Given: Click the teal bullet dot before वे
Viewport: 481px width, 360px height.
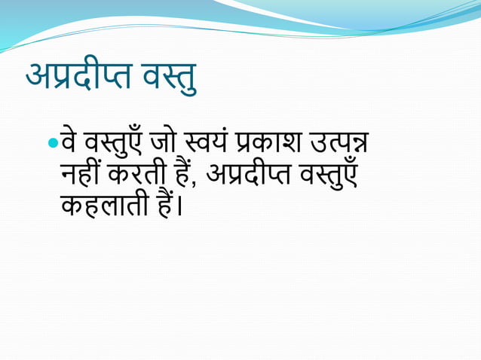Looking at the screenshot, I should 51,142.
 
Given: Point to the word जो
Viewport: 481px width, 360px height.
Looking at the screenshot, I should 164,142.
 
